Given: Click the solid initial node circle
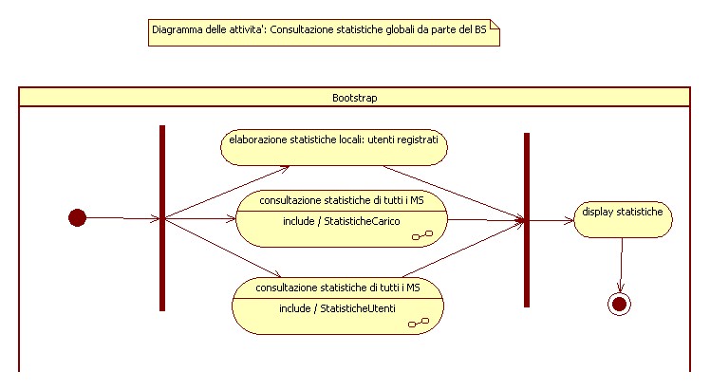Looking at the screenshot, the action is (78, 217).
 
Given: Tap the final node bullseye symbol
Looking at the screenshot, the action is (619, 304).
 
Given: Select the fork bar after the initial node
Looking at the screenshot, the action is (162, 218).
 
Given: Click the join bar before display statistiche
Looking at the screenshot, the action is (527, 220).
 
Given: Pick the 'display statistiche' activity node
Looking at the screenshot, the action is (623, 219).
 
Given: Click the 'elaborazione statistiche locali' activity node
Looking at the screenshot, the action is (334, 147).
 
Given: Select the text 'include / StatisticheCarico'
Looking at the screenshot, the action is (342, 221).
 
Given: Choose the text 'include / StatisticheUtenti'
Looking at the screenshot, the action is (337, 308).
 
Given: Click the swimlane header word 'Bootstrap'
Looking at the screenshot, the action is (355, 98).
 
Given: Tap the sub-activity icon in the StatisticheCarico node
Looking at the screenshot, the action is (422, 235).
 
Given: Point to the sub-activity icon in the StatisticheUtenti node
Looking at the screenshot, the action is (419, 323).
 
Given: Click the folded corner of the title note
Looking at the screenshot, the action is (495, 25).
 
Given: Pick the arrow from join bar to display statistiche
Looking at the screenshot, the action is (551, 221).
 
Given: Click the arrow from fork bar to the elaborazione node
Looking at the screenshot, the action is (227, 192).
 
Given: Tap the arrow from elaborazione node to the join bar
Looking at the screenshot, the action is (454, 194).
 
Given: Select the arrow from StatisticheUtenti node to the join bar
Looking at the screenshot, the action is (463, 249).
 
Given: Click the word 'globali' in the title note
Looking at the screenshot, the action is (400, 30).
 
